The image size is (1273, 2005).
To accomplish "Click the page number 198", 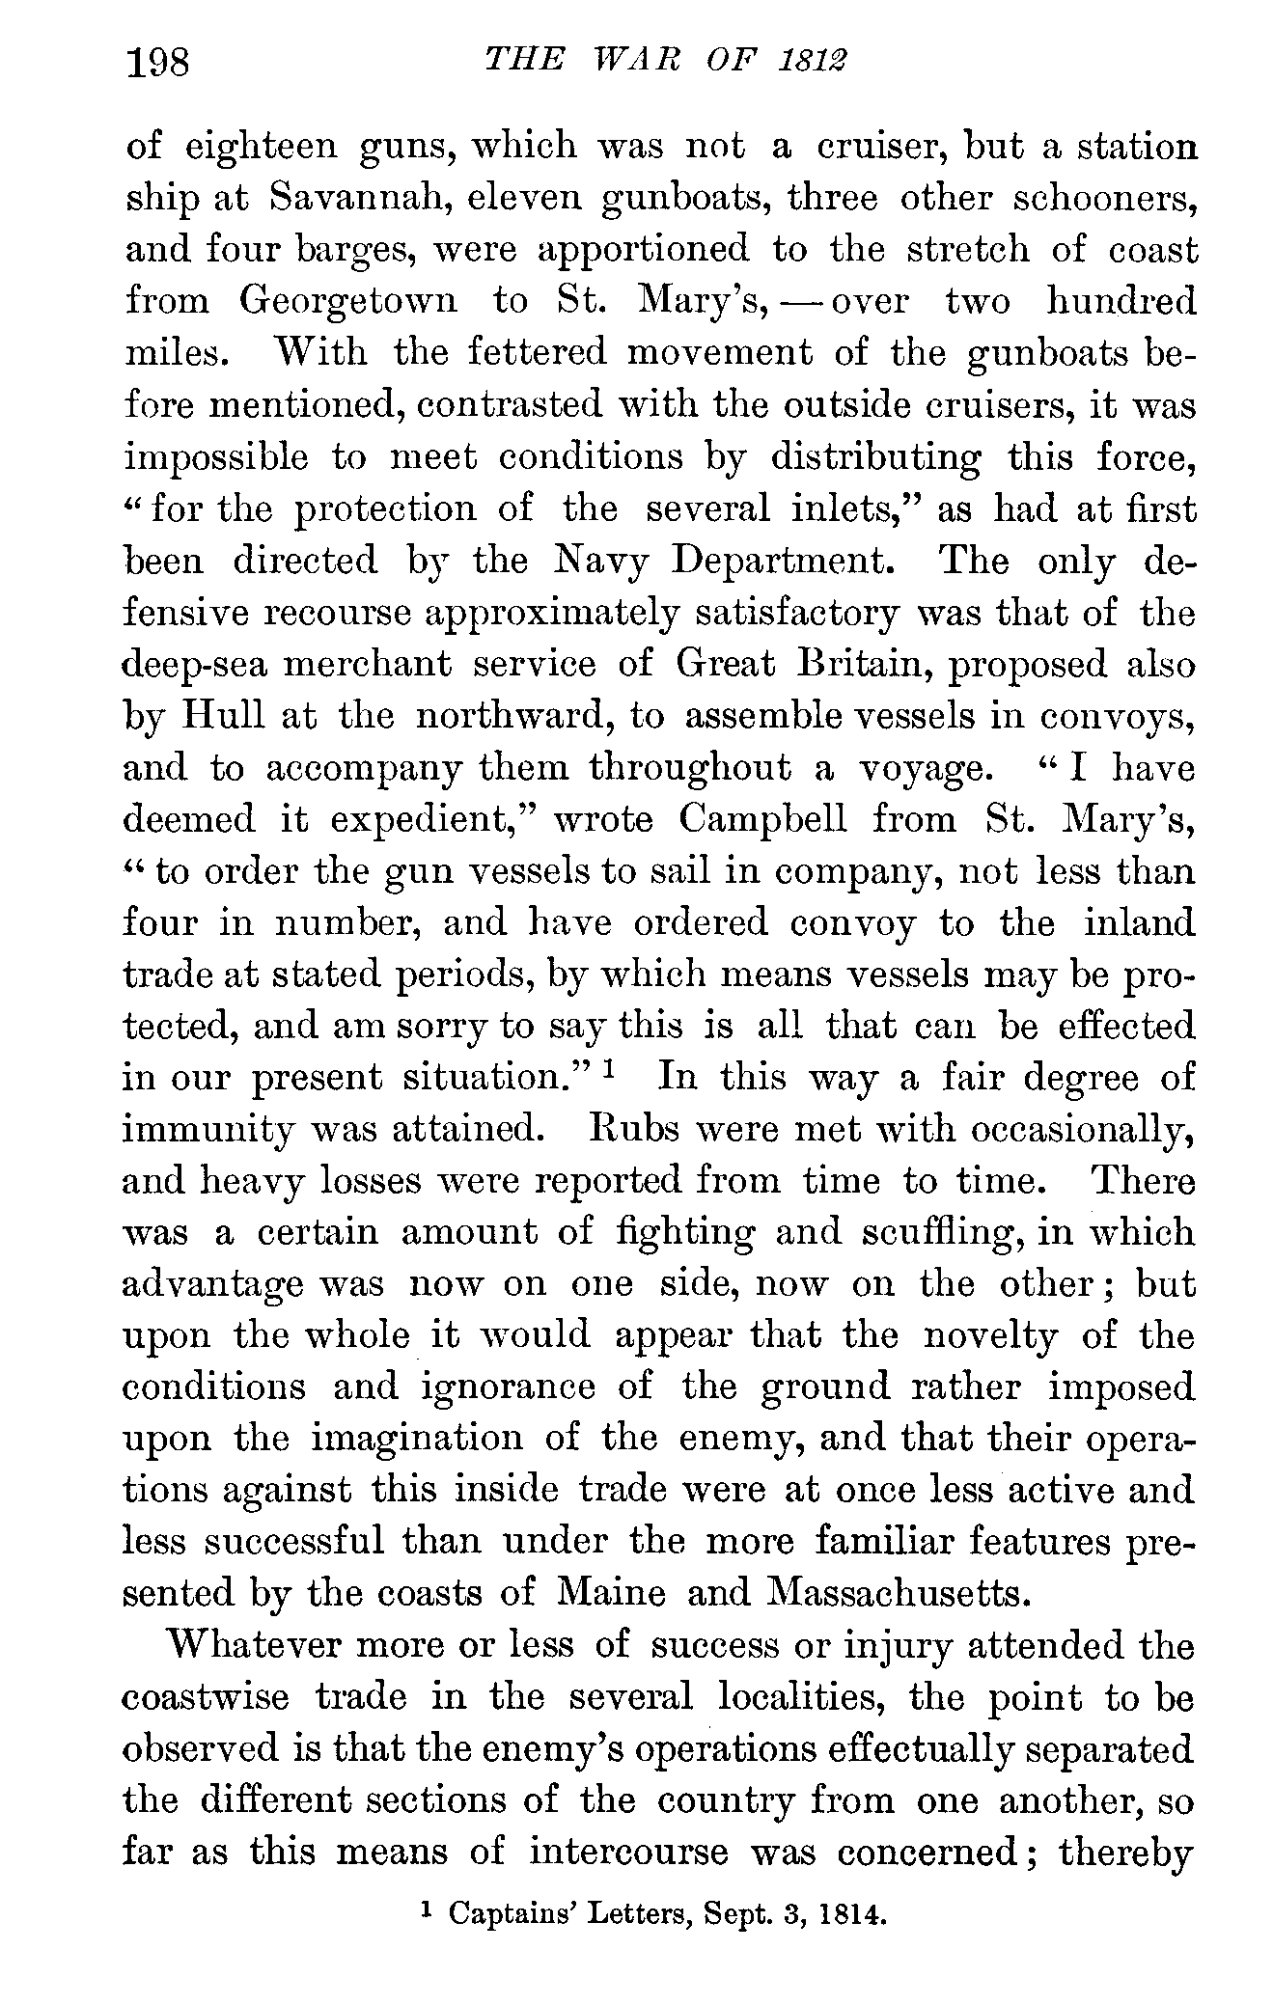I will point(161,64).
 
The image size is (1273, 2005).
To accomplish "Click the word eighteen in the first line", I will point(261,147).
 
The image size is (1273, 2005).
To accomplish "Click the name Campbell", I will point(762,819).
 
